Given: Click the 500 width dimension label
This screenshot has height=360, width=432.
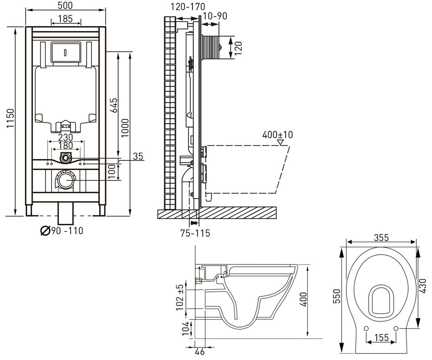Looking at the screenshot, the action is pos(65,5).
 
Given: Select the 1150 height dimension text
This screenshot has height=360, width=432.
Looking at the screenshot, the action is pos(10,118).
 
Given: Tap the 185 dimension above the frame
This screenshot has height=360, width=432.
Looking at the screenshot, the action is pos(66,19).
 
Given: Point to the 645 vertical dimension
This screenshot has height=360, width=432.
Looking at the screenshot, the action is pos(114,105).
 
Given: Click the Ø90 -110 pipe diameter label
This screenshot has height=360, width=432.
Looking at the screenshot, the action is pos(62,231).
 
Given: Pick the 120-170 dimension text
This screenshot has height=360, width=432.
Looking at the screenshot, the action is pos(188,6).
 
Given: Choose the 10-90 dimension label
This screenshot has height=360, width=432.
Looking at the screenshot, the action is pos(215,16).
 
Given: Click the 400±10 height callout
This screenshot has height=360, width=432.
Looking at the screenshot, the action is pos(278,135).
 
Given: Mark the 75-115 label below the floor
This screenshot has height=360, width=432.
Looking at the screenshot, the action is pos(195,233).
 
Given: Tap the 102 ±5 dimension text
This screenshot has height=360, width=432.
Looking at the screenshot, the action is pos(180,297).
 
